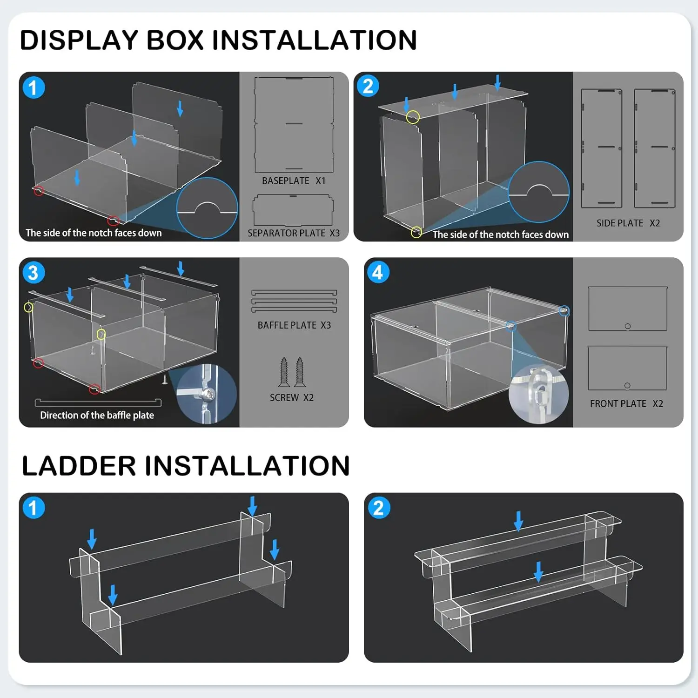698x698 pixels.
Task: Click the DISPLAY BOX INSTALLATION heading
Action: [x=218, y=40]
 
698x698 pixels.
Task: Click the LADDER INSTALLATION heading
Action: [x=186, y=466]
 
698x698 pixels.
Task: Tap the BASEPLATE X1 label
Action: [x=294, y=181]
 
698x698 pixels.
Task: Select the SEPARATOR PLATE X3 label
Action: [x=294, y=233]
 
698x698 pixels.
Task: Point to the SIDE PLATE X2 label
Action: [x=628, y=223]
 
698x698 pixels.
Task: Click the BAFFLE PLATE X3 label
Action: [x=294, y=325]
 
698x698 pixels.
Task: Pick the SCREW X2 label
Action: [x=292, y=398]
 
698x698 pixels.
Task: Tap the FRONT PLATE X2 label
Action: [x=626, y=404]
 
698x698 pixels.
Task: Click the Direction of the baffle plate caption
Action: [x=97, y=415]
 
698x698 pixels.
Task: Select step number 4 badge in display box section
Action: [x=378, y=272]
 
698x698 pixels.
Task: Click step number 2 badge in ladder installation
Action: [x=379, y=508]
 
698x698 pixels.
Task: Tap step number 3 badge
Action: [x=34, y=273]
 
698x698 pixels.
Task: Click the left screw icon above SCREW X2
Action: [x=284, y=372]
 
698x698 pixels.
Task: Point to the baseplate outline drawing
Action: [x=294, y=125]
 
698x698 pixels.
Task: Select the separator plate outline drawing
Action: [x=293, y=210]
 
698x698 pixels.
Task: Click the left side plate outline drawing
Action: [x=601, y=148]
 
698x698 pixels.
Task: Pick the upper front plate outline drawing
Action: [x=627, y=309]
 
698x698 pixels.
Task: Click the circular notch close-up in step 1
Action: [x=207, y=208]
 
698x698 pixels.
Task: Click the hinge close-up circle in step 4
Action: [x=539, y=394]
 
